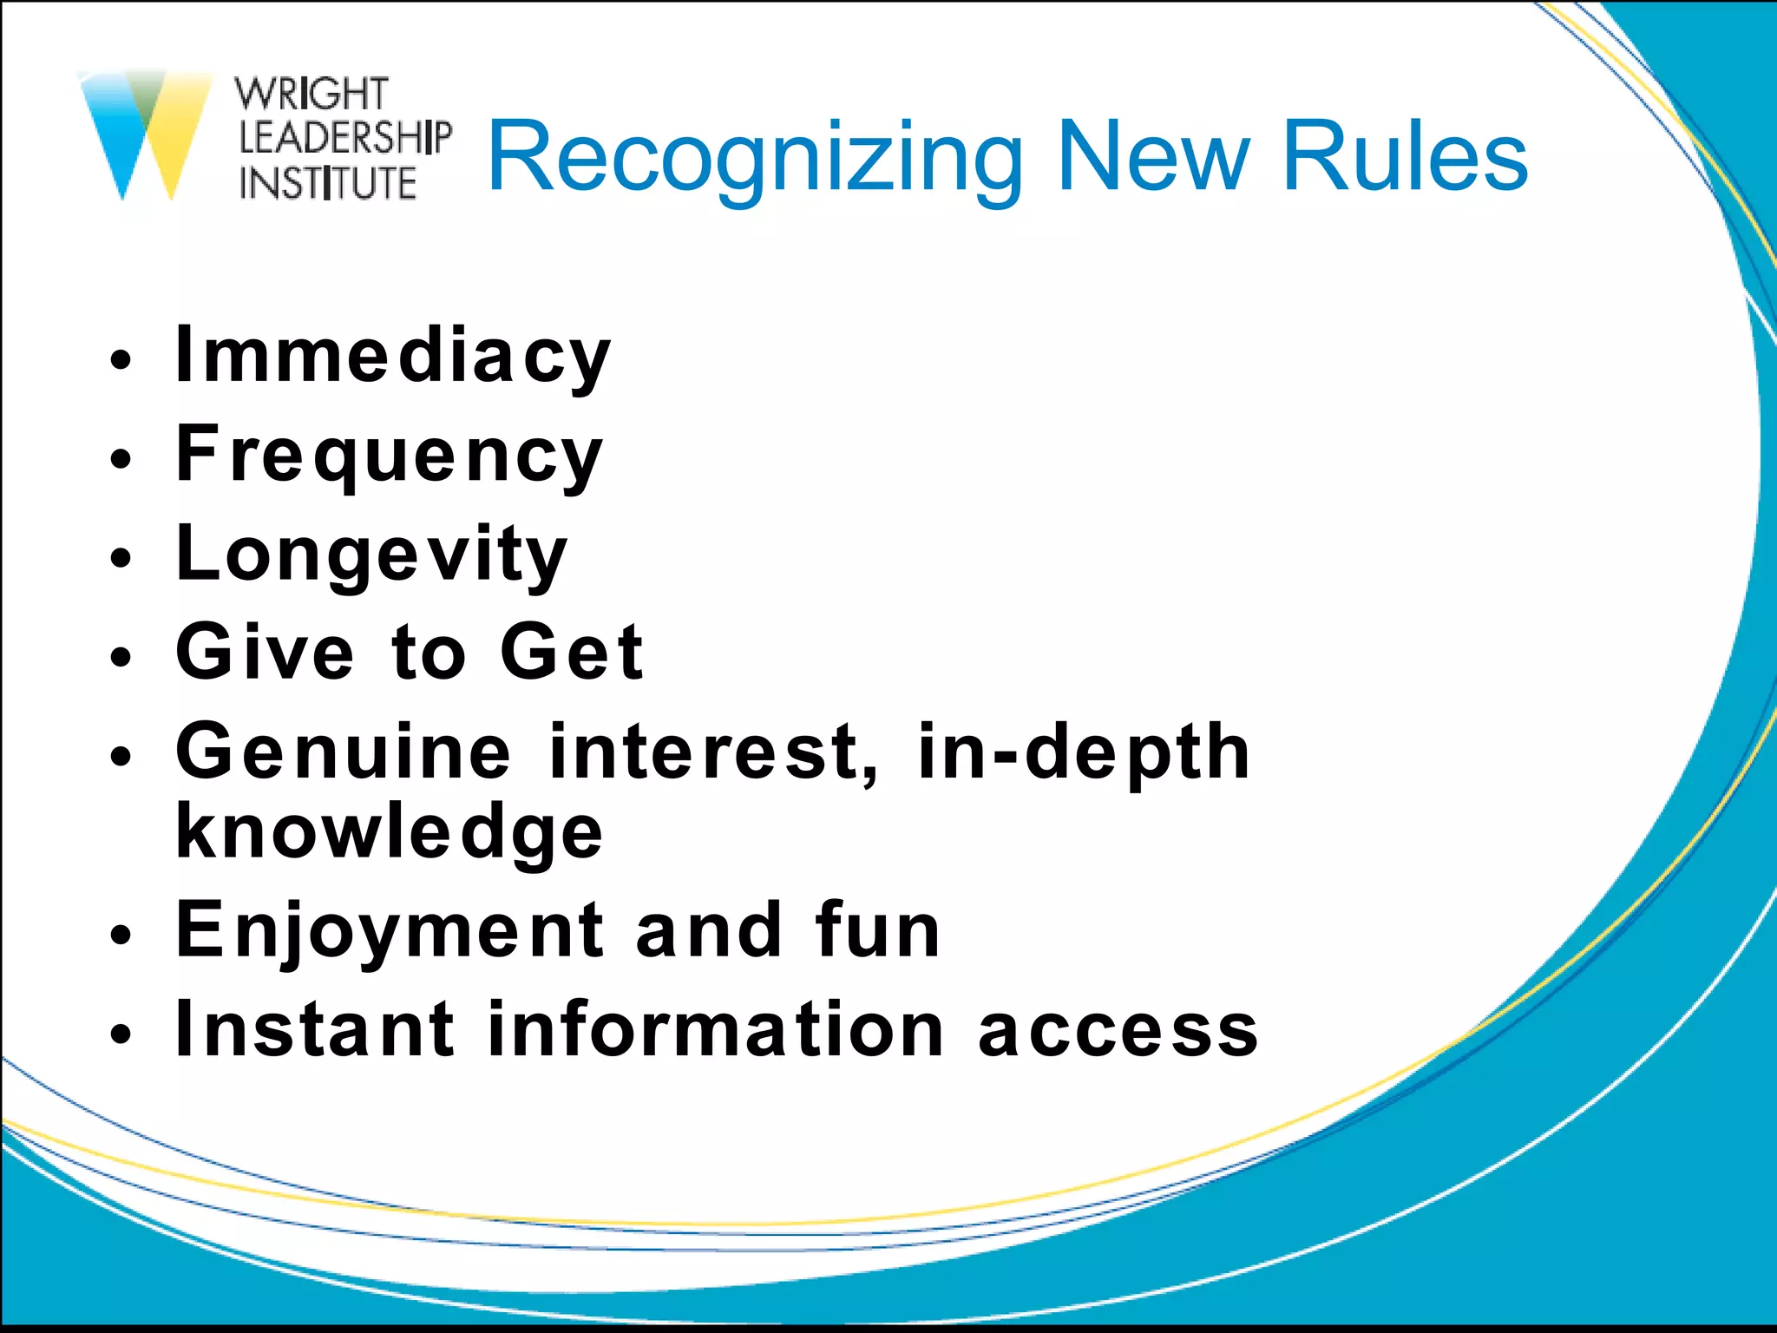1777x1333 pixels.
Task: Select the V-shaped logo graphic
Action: tap(145, 135)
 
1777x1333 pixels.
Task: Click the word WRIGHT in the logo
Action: tap(311, 94)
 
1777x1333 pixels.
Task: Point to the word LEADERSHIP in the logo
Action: tap(345, 138)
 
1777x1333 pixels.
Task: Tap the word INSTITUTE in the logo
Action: tap(328, 183)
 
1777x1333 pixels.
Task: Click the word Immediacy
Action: tap(393, 356)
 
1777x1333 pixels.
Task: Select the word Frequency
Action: tap(389, 456)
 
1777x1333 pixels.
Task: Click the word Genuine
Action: tap(344, 752)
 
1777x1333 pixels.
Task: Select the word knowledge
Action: tap(389, 832)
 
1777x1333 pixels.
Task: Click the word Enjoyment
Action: tap(389, 931)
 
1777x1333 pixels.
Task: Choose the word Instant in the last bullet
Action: tap(314, 1029)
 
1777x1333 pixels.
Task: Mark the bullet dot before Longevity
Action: tap(121, 558)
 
